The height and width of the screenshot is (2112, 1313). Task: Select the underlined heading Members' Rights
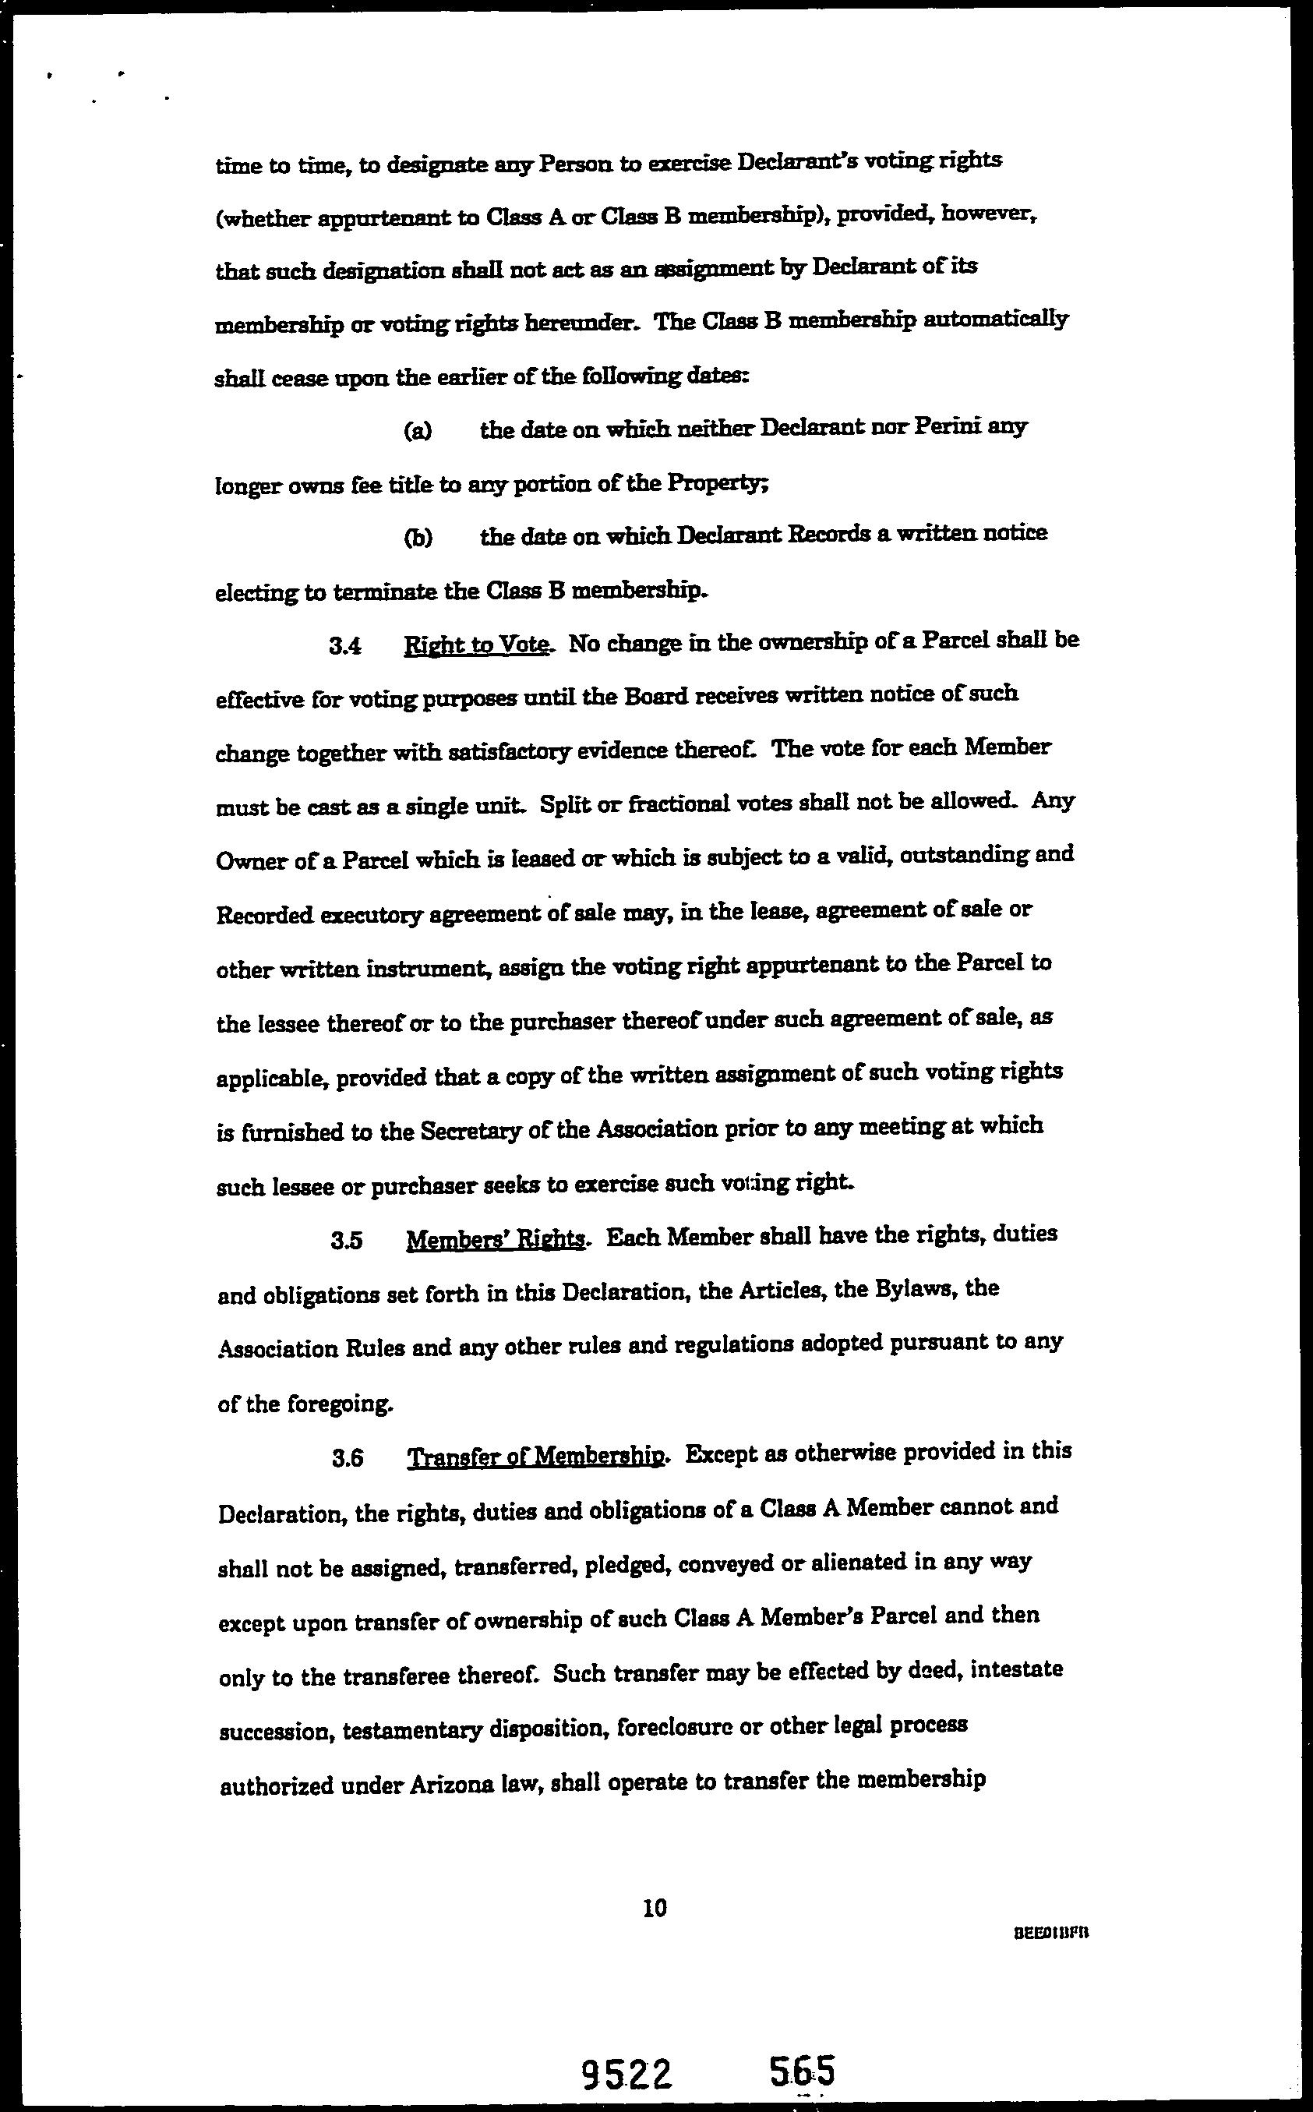(x=496, y=1238)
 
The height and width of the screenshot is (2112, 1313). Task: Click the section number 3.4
(x=346, y=646)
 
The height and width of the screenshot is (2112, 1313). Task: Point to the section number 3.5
(x=347, y=1240)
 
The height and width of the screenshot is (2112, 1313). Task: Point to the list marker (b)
(x=418, y=538)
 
